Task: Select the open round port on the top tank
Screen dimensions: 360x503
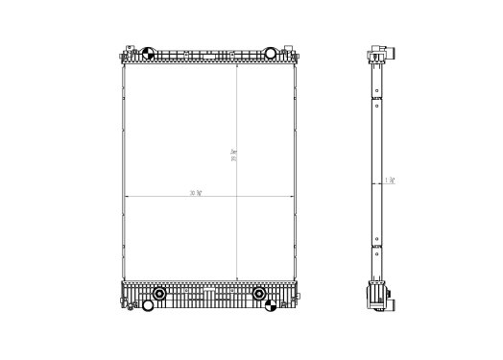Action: click(x=271, y=53)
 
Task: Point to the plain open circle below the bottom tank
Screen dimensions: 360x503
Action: click(x=148, y=308)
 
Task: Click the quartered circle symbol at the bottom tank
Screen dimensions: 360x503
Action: click(x=272, y=307)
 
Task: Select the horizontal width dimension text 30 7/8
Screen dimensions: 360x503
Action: click(x=196, y=193)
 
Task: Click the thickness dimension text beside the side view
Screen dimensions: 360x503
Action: click(x=390, y=180)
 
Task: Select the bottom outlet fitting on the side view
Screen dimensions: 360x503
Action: click(x=384, y=300)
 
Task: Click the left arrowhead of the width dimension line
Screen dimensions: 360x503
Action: click(x=125, y=197)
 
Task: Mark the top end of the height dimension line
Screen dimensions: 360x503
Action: click(x=238, y=66)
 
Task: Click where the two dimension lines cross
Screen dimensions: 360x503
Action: click(x=238, y=197)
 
